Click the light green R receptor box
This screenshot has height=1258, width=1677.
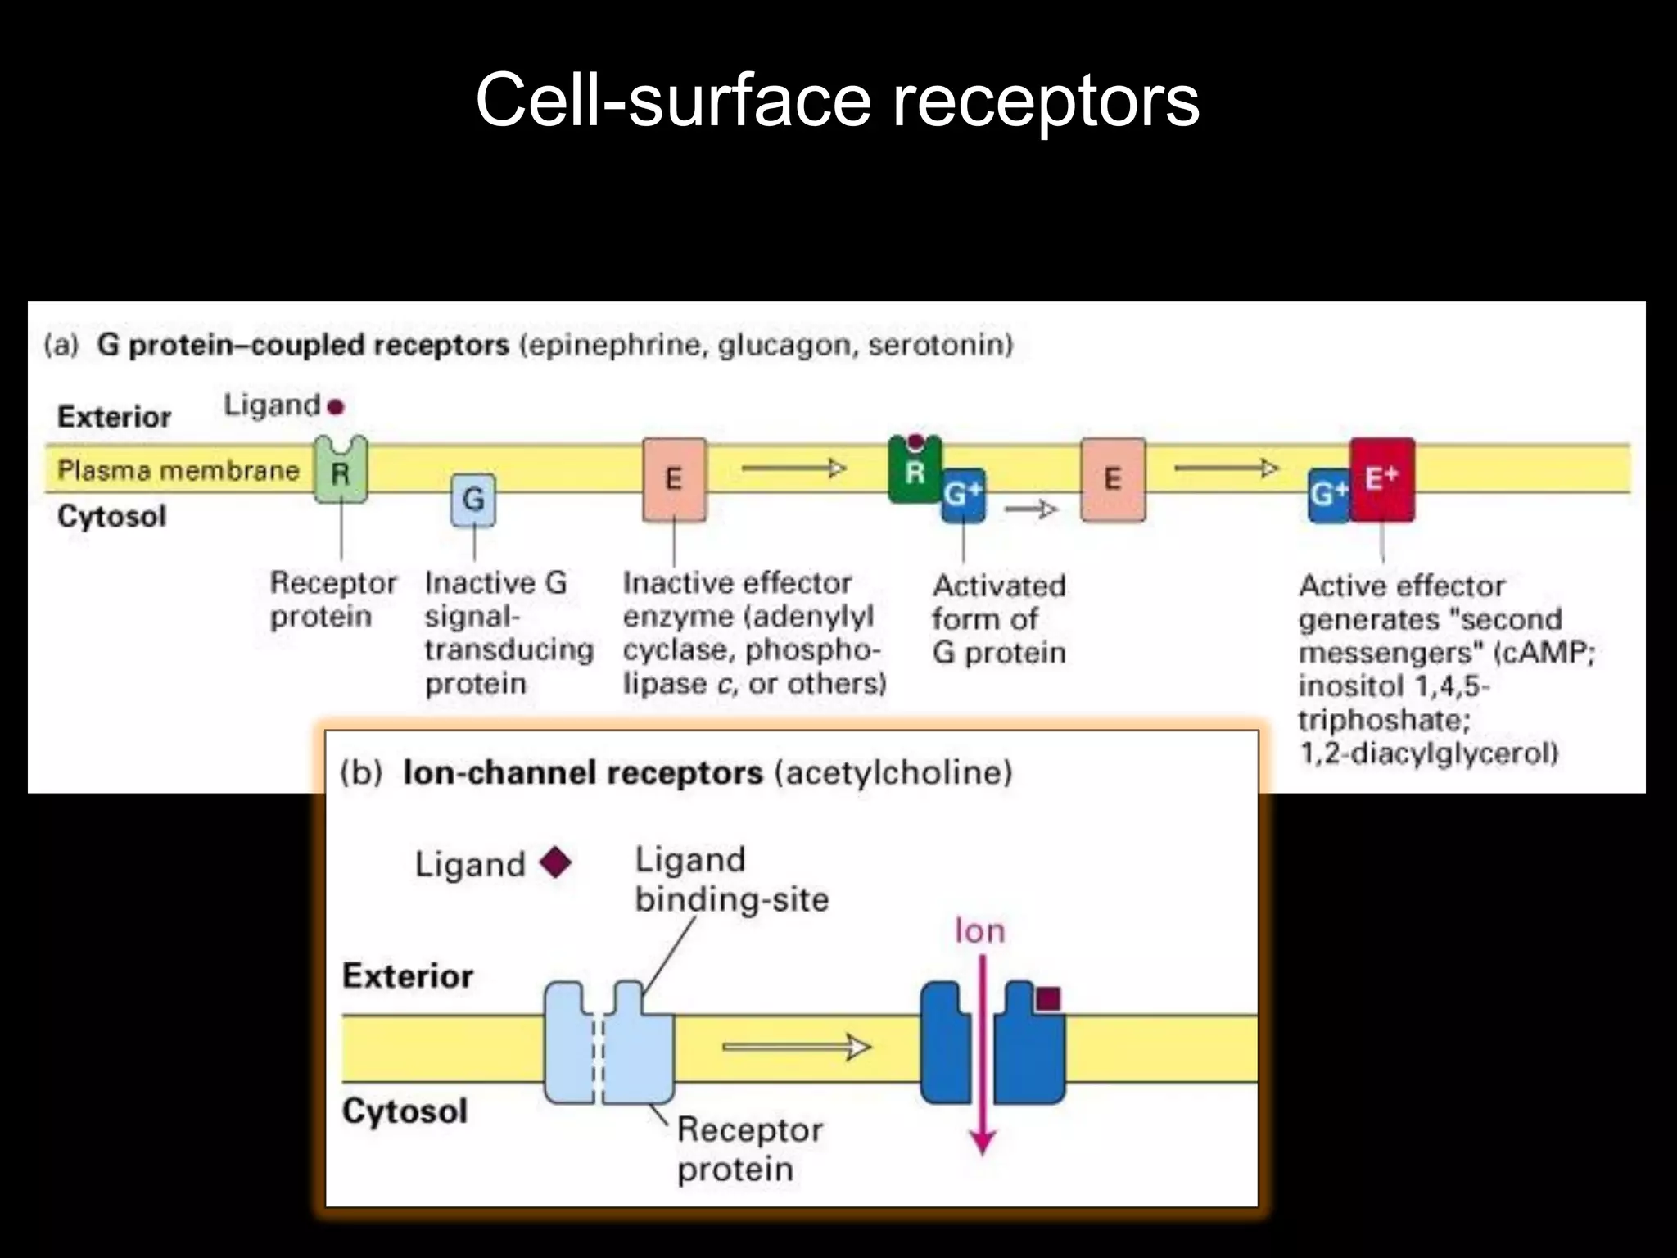point(341,470)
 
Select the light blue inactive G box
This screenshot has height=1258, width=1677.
point(473,499)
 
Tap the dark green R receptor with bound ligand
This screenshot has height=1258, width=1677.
point(914,471)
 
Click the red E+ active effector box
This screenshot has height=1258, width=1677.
point(1382,479)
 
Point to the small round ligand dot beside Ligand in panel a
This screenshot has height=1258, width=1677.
point(335,406)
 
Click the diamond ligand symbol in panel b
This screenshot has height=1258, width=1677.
point(556,862)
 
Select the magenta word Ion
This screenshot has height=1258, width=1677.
point(979,931)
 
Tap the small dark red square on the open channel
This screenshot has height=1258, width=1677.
point(1048,998)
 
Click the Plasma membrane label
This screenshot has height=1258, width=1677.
point(178,470)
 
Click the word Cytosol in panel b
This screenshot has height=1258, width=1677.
point(405,1111)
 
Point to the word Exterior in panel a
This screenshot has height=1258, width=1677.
point(114,416)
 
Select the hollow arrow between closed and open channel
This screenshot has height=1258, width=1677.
point(796,1047)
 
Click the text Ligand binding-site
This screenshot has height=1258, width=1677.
point(730,880)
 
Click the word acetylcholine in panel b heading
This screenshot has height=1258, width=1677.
point(893,772)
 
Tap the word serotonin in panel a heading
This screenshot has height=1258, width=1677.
point(935,344)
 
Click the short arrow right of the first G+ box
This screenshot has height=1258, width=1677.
point(1031,509)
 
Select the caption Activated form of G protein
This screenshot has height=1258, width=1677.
point(999,619)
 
